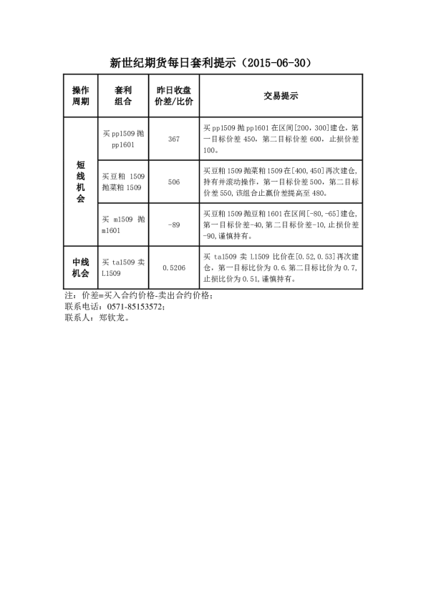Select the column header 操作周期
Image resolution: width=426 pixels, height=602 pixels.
point(81,96)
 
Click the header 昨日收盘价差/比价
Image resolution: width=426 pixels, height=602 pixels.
point(173,96)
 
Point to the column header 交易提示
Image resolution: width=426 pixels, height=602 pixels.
point(281,96)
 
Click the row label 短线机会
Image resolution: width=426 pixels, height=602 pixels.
point(81,182)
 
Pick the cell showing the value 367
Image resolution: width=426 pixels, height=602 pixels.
point(173,139)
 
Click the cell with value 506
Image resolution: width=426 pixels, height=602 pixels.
point(173,182)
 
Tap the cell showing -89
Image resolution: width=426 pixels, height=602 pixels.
point(173,224)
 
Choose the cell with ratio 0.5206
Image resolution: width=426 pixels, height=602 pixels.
point(173,267)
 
